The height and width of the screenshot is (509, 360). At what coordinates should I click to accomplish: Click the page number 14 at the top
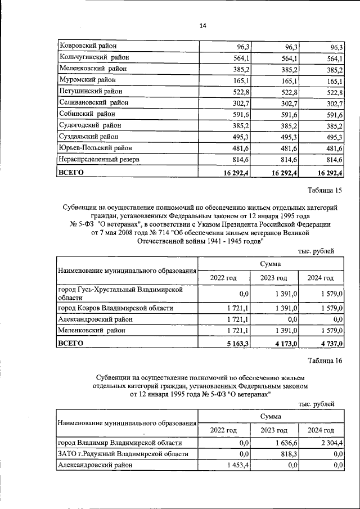[x=203, y=25]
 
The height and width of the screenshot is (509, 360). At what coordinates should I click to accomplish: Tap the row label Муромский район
[x=86, y=80]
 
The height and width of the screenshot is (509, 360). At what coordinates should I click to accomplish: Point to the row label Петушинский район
[x=90, y=91]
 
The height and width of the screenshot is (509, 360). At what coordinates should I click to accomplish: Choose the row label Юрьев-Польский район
[x=95, y=148]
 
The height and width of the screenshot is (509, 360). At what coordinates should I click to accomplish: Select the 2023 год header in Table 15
[x=273, y=278]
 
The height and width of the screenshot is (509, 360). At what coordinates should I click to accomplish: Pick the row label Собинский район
[x=86, y=114]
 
